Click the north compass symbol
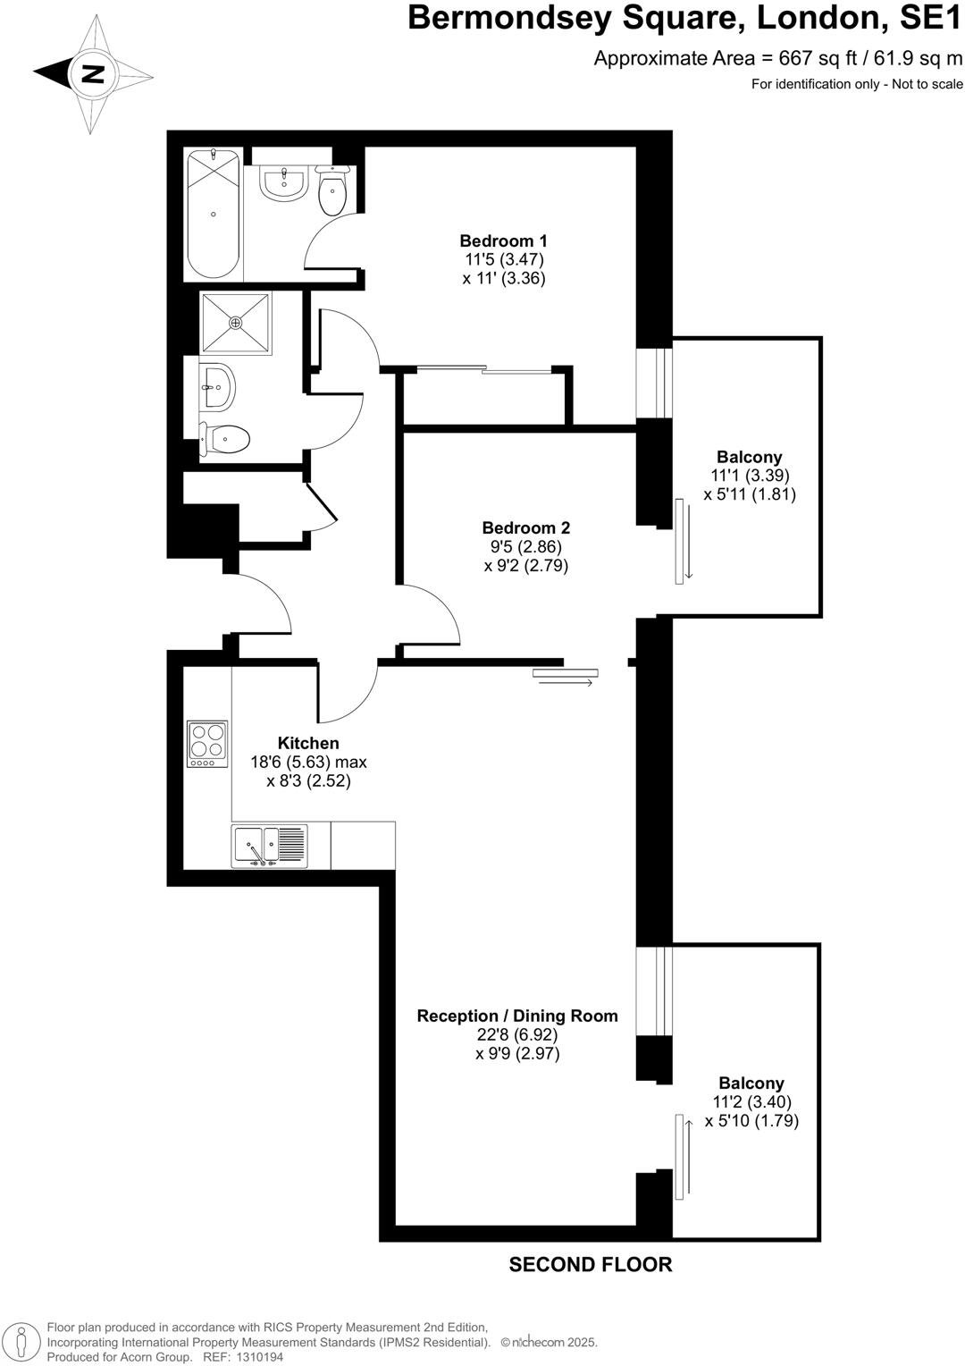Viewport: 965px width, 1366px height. (x=93, y=74)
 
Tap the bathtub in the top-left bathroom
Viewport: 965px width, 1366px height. (x=213, y=215)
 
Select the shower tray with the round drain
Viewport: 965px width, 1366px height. (x=236, y=322)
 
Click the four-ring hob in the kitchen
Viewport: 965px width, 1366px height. (x=207, y=743)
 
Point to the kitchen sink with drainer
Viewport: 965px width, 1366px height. (x=269, y=846)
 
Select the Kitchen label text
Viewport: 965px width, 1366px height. (x=308, y=743)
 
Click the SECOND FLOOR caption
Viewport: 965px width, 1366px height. (x=590, y=1264)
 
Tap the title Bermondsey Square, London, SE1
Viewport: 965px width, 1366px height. (x=684, y=18)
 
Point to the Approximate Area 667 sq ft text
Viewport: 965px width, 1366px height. (x=778, y=59)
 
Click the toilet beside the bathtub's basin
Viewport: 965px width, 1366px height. (x=332, y=192)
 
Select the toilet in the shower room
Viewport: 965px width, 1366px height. (x=225, y=438)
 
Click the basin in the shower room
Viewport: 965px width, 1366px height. (x=216, y=387)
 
